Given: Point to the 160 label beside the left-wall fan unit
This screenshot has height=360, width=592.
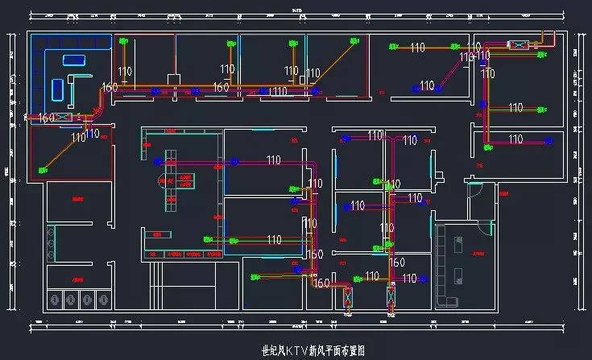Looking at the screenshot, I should tap(47, 118).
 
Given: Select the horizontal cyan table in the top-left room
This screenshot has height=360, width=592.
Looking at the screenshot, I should tap(74, 59).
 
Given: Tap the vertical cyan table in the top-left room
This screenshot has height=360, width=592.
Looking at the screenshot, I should tap(59, 88).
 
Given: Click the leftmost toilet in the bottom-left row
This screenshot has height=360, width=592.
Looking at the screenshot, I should tap(55, 299).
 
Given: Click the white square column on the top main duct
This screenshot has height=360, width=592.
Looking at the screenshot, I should tap(172, 78).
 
